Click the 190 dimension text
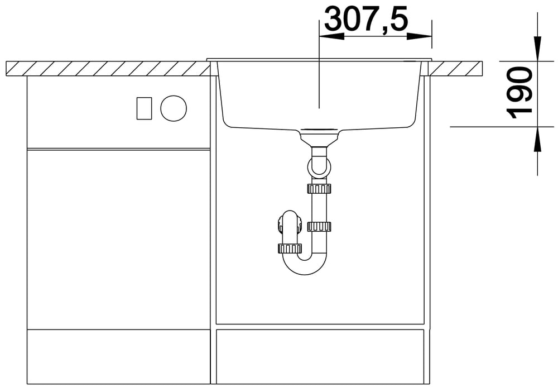pos(519,94)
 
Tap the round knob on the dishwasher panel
pos(174,108)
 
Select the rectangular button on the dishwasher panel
pos(144,108)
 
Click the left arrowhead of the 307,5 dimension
pos(331,36)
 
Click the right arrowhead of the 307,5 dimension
pos(419,36)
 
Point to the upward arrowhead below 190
pos(537,139)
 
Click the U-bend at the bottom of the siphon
pos(305,266)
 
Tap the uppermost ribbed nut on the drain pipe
pos(319,188)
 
